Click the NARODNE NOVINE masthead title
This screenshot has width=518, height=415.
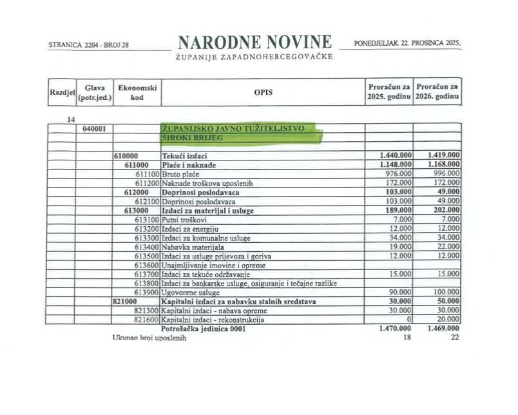(254, 43)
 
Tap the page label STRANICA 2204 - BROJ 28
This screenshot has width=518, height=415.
(89, 44)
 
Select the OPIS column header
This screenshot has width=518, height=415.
(263, 92)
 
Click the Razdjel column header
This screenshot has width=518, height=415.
(62, 93)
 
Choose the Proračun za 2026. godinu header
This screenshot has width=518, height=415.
(437, 92)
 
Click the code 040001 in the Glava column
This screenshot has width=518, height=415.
(94, 128)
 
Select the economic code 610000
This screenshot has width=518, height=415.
(126, 156)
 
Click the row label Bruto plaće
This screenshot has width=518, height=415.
(180, 174)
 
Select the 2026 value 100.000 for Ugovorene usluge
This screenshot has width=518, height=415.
(445, 292)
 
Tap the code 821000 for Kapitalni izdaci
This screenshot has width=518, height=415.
(126, 301)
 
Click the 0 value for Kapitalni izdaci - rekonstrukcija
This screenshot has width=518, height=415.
(408, 320)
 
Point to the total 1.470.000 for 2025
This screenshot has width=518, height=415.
(395, 329)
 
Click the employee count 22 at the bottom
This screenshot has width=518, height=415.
(454, 338)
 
